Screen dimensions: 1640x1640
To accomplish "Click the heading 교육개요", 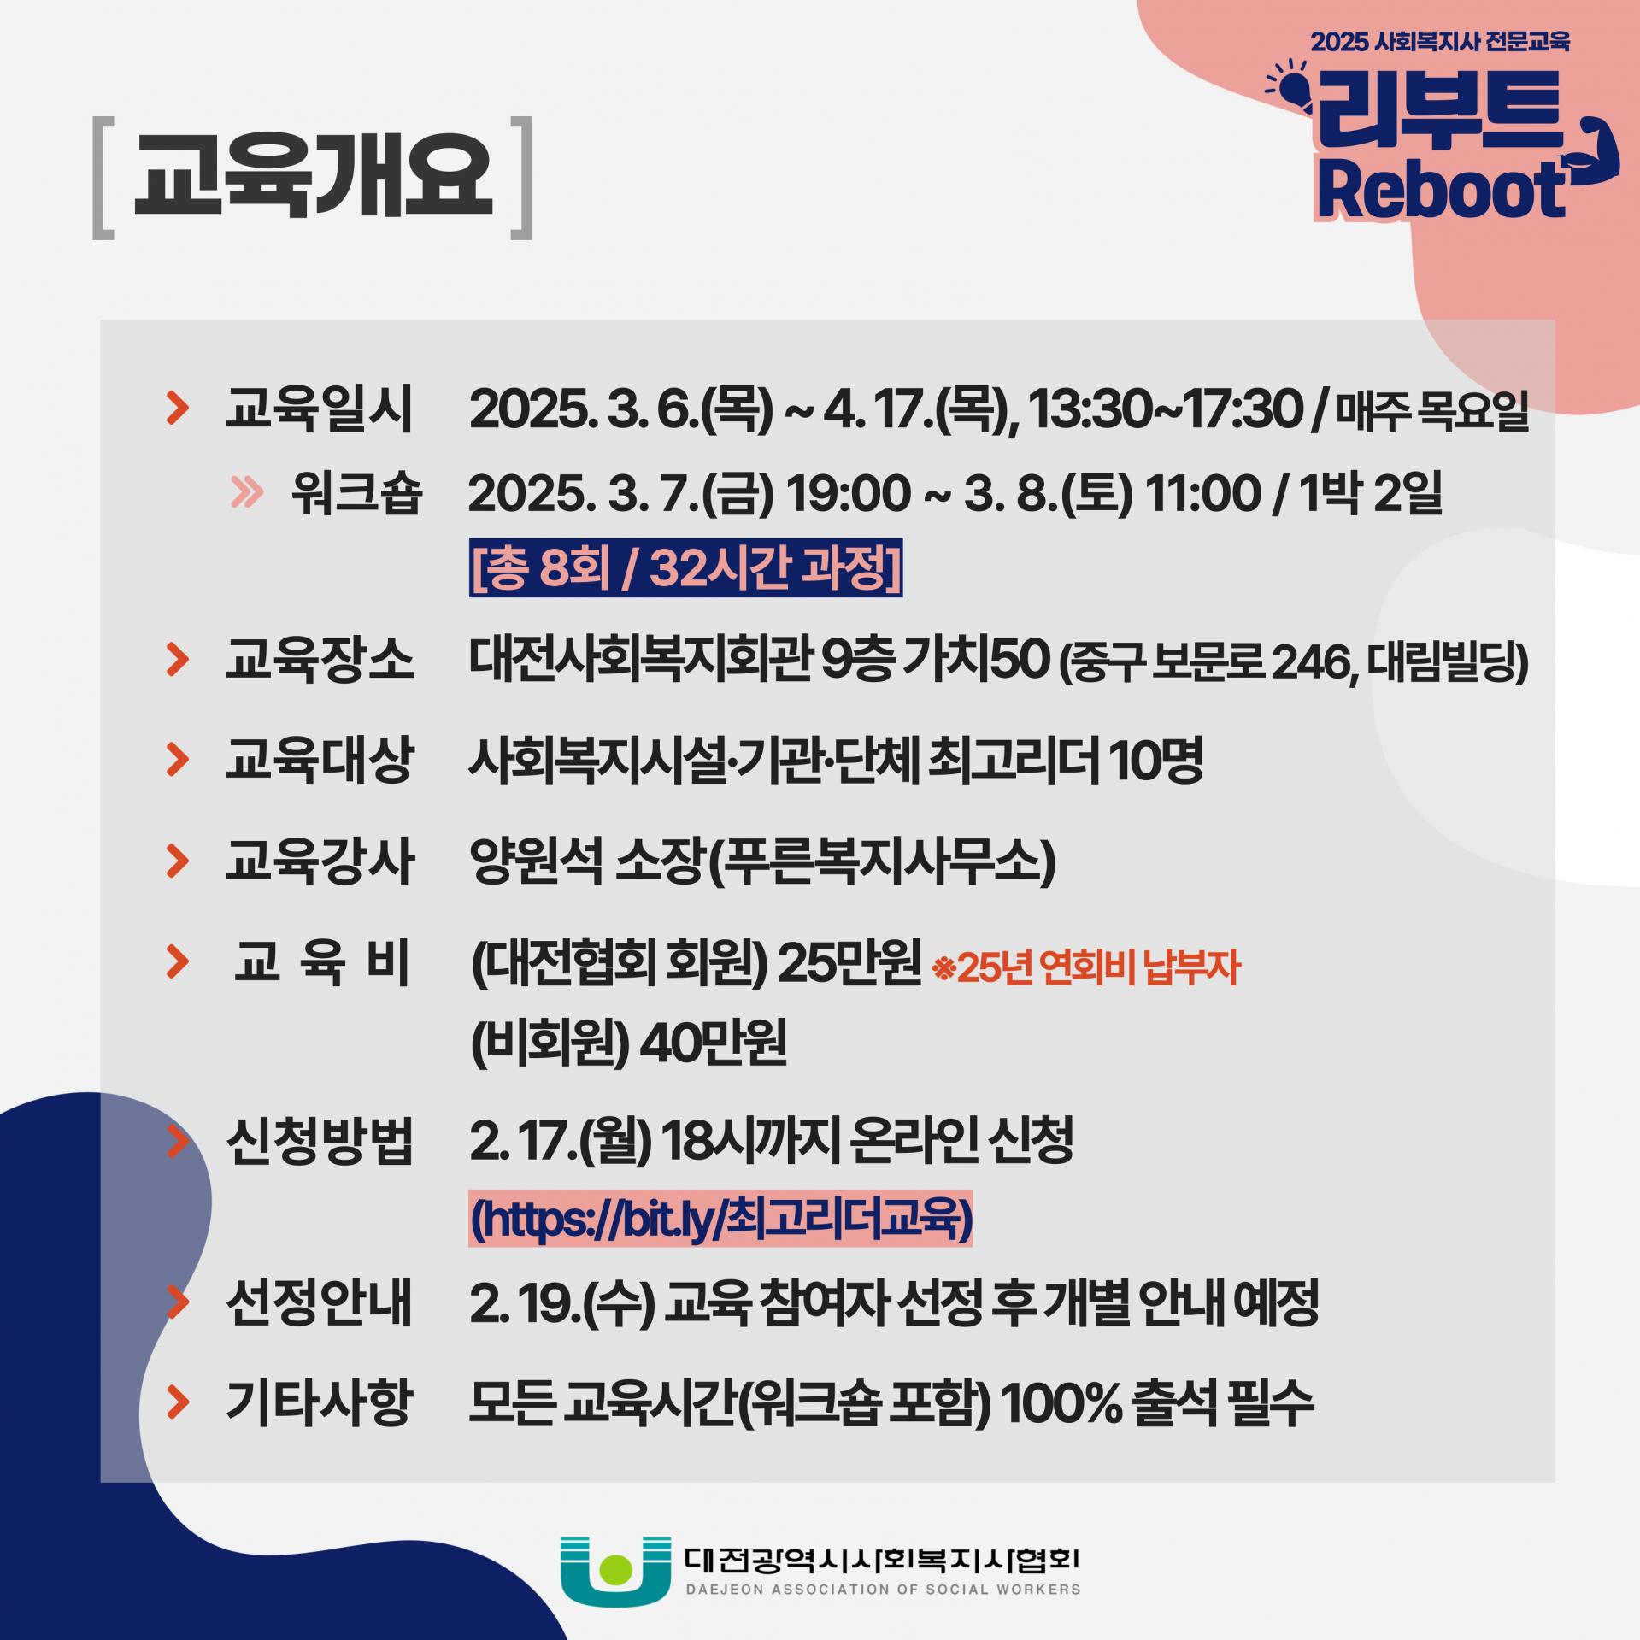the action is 313,177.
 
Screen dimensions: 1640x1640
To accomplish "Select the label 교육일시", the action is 320,409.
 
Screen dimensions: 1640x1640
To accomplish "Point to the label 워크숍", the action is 356,493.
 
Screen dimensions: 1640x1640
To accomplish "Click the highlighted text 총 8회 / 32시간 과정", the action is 685,567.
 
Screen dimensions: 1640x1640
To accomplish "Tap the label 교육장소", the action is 320,660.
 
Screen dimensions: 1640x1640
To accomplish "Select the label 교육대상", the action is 320,759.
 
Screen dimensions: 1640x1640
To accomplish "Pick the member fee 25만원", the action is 849,963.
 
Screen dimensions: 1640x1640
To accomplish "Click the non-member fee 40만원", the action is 713,1043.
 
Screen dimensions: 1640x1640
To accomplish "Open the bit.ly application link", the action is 720,1219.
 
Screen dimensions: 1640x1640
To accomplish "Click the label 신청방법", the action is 320,1141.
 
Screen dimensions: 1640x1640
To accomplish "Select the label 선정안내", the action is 320,1302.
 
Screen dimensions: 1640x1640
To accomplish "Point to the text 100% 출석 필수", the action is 1156,1402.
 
